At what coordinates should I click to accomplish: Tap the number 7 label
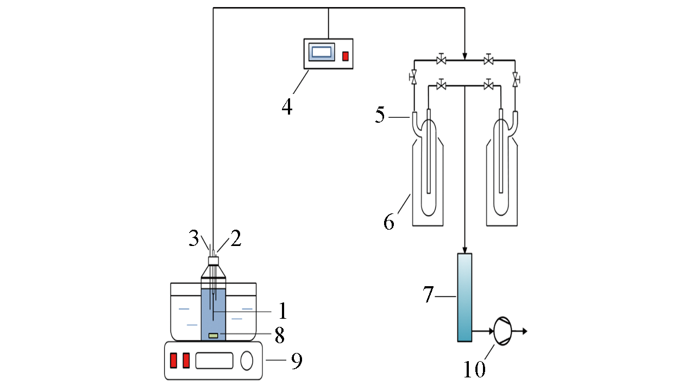click(430, 295)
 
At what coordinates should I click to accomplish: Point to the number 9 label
click(296, 361)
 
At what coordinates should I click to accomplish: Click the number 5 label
click(381, 116)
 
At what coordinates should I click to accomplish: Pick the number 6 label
click(389, 222)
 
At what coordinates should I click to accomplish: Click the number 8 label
click(280, 335)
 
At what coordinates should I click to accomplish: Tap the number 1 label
click(282, 311)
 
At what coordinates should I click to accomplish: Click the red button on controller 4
click(345, 56)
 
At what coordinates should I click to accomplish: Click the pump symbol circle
click(501, 331)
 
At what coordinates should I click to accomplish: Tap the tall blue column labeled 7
click(464, 297)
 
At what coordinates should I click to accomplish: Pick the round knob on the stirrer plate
click(247, 361)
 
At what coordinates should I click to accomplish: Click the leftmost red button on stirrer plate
click(174, 361)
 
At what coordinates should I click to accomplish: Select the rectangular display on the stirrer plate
click(215, 361)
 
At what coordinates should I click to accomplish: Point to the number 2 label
click(235, 239)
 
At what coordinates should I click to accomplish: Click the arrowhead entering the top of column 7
click(465, 249)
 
